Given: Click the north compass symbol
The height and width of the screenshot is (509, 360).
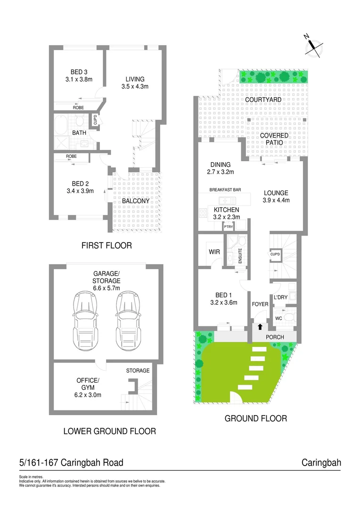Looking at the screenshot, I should click(x=313, y=46).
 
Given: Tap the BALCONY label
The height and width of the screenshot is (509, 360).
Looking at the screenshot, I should click(x=136, y=201).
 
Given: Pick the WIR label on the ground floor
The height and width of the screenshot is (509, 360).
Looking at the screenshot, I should click(x=214, y=253).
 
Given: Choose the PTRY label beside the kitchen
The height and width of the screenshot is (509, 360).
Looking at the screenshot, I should click(x=229, y=227).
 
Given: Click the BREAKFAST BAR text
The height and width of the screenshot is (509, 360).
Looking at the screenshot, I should click(x=226, y=190).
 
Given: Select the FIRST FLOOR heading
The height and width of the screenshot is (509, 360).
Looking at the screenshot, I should click(x=106, y=246).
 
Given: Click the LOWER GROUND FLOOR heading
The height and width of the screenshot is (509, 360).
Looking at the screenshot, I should click(x=109, y=431).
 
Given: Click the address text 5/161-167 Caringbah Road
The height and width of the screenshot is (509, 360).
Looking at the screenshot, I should click(x=71, y=463).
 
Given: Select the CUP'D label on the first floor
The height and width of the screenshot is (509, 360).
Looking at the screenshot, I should click(x=96, y=120).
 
